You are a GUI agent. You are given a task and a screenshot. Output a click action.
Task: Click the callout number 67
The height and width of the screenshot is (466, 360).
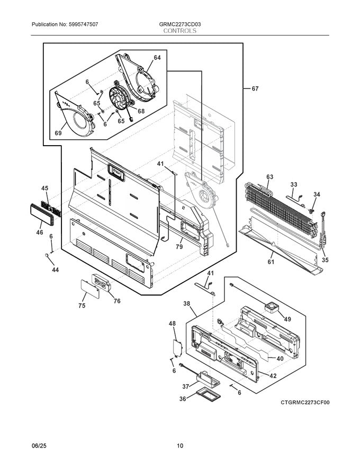(x=255, y=89)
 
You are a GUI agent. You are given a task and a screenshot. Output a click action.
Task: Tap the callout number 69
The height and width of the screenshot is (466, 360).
(x=58, y=133)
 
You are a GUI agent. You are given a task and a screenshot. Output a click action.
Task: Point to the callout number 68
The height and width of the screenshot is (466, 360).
(x=141, y=111)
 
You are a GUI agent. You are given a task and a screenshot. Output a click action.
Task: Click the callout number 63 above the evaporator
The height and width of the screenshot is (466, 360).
(x=269, y=176)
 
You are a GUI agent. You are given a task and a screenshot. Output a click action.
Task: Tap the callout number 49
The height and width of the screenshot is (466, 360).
(x=287, y=319)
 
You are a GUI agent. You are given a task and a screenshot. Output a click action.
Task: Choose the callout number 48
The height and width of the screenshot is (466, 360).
(x=172, y=323)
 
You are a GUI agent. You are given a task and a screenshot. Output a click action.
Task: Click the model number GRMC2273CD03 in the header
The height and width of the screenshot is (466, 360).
(x=180, y=25)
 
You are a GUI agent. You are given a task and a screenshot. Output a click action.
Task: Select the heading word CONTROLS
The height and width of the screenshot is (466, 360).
(x=180, y=31)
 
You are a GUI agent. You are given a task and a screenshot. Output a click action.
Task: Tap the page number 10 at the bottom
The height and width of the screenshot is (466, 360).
(x=180, y=446)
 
